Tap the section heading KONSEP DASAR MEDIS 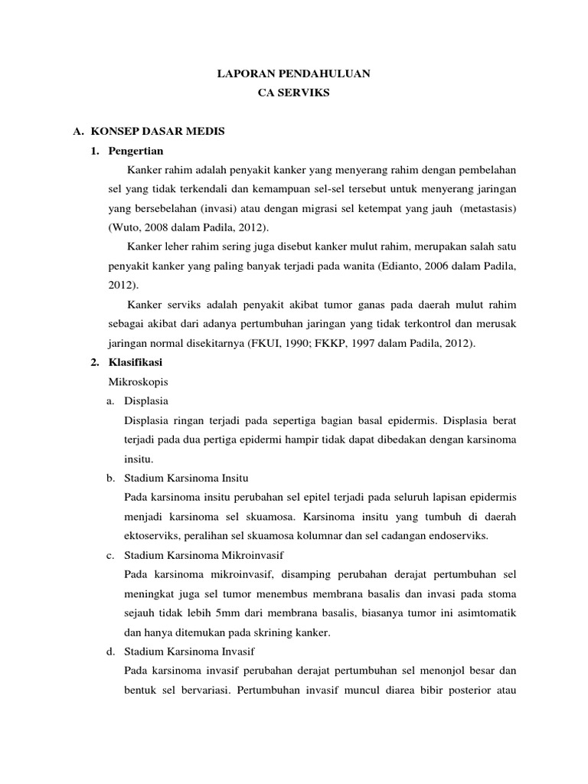158,132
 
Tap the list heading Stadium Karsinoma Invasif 189,651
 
